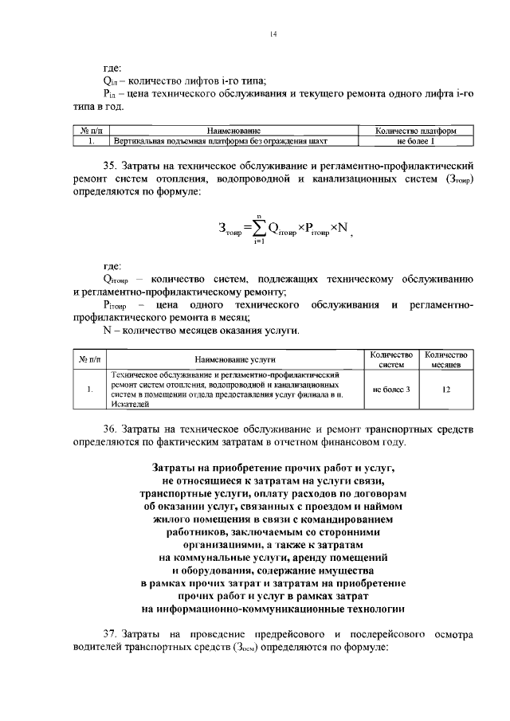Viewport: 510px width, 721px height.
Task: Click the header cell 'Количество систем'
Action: coord(391,359)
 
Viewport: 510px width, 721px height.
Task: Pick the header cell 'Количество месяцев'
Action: coord(446,359)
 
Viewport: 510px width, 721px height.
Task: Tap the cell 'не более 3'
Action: coord(391,389)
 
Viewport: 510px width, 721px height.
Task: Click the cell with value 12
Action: coord(446,389)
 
